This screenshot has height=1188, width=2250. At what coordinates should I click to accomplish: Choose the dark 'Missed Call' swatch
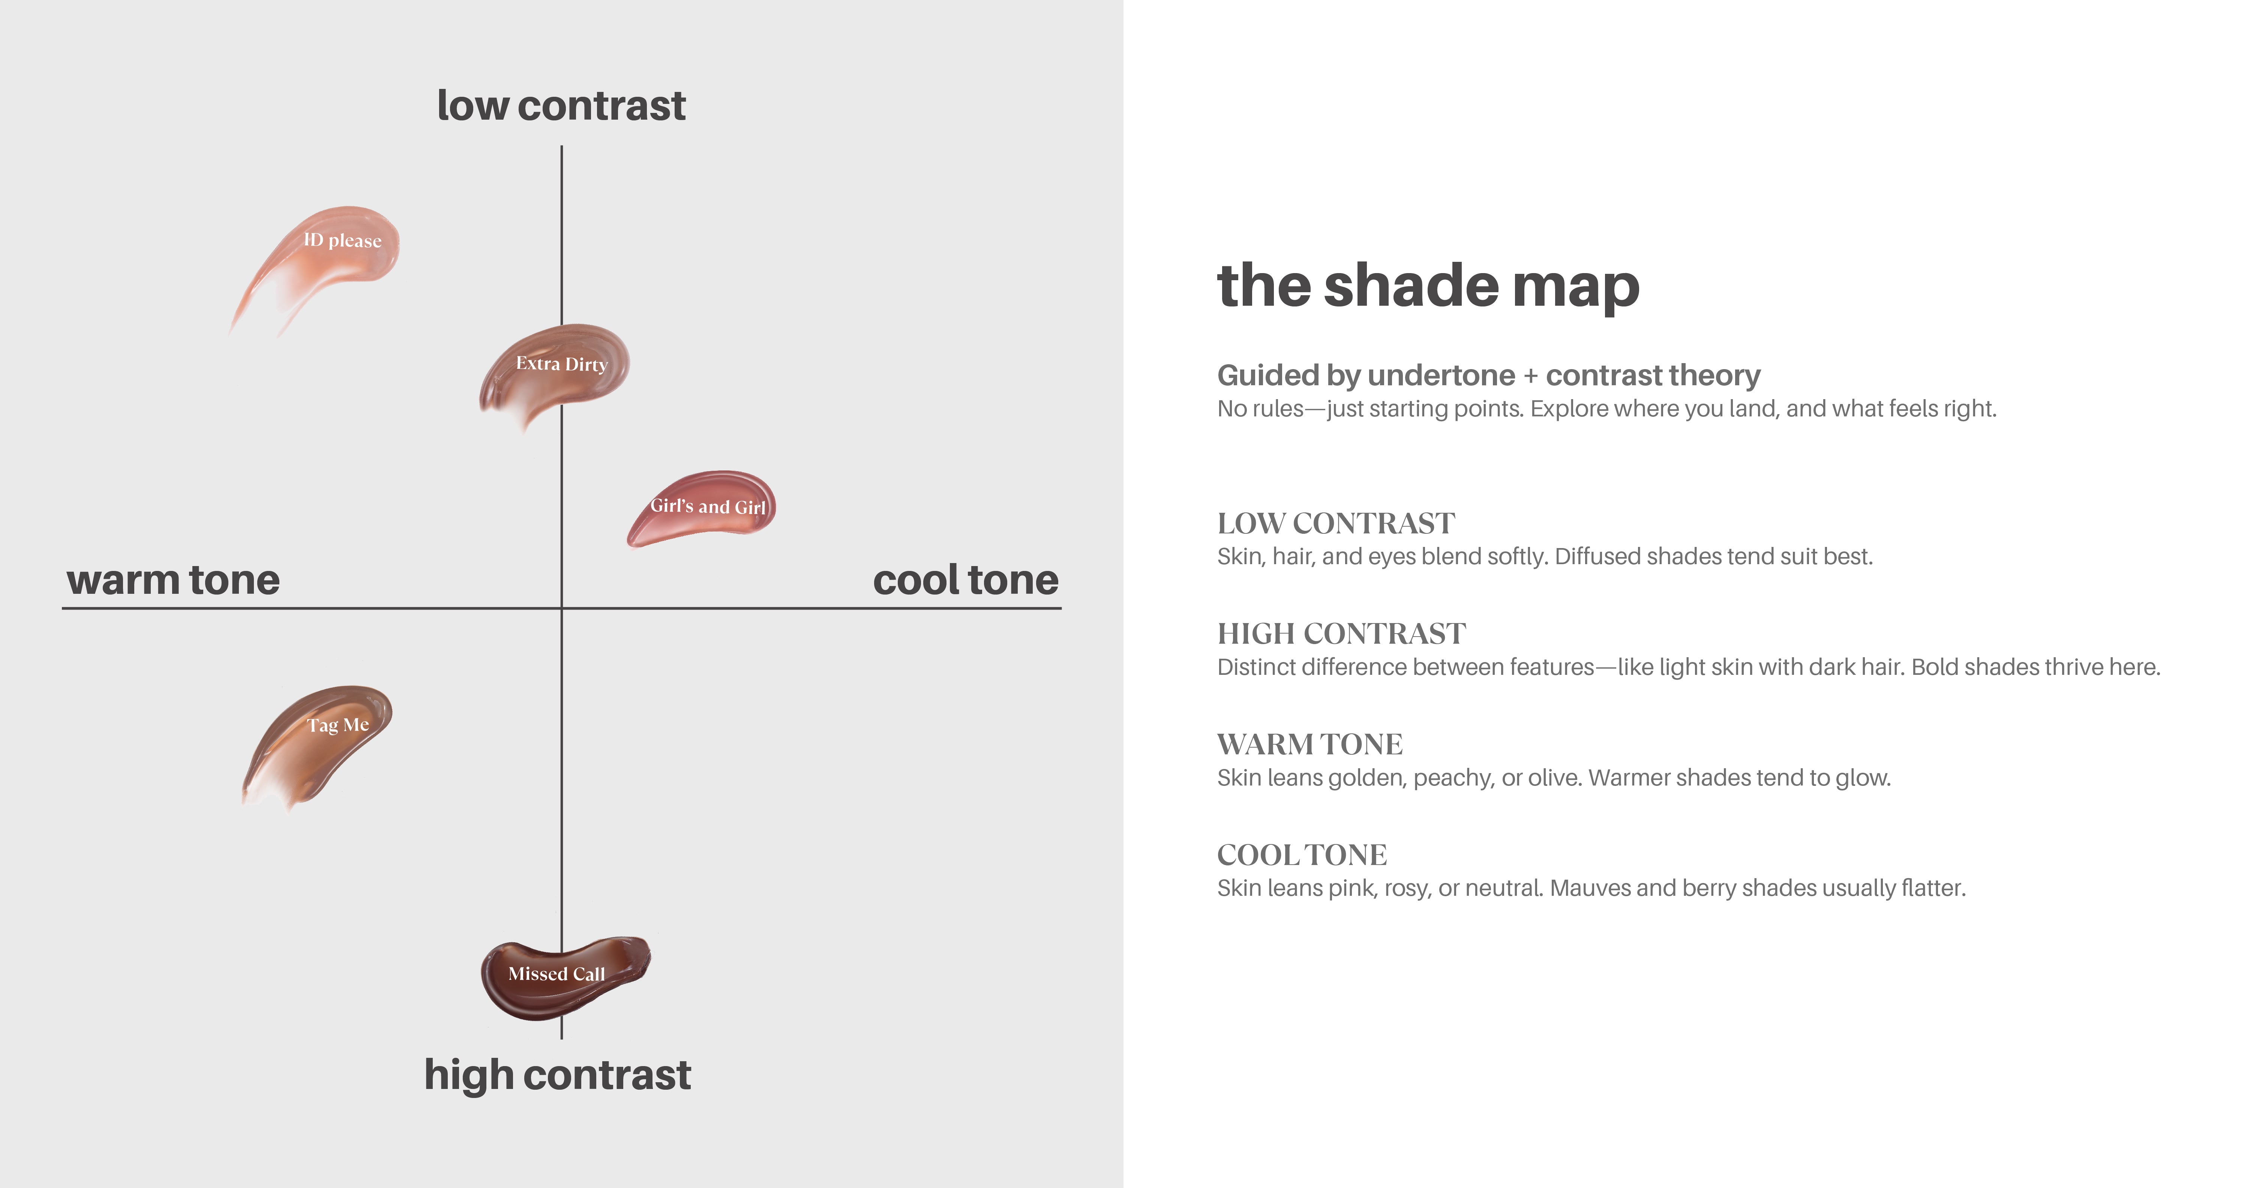pyautogui.click(x=563, y=976)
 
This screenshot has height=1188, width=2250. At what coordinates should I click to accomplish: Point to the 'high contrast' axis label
pyautogui.click(x=557, y=1075)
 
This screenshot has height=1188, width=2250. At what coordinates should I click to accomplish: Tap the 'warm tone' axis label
pyautogui.click(x=173, y=580)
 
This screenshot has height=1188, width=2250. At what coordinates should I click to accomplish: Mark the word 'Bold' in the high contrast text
pyautogui.click(x=1933, y=667)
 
